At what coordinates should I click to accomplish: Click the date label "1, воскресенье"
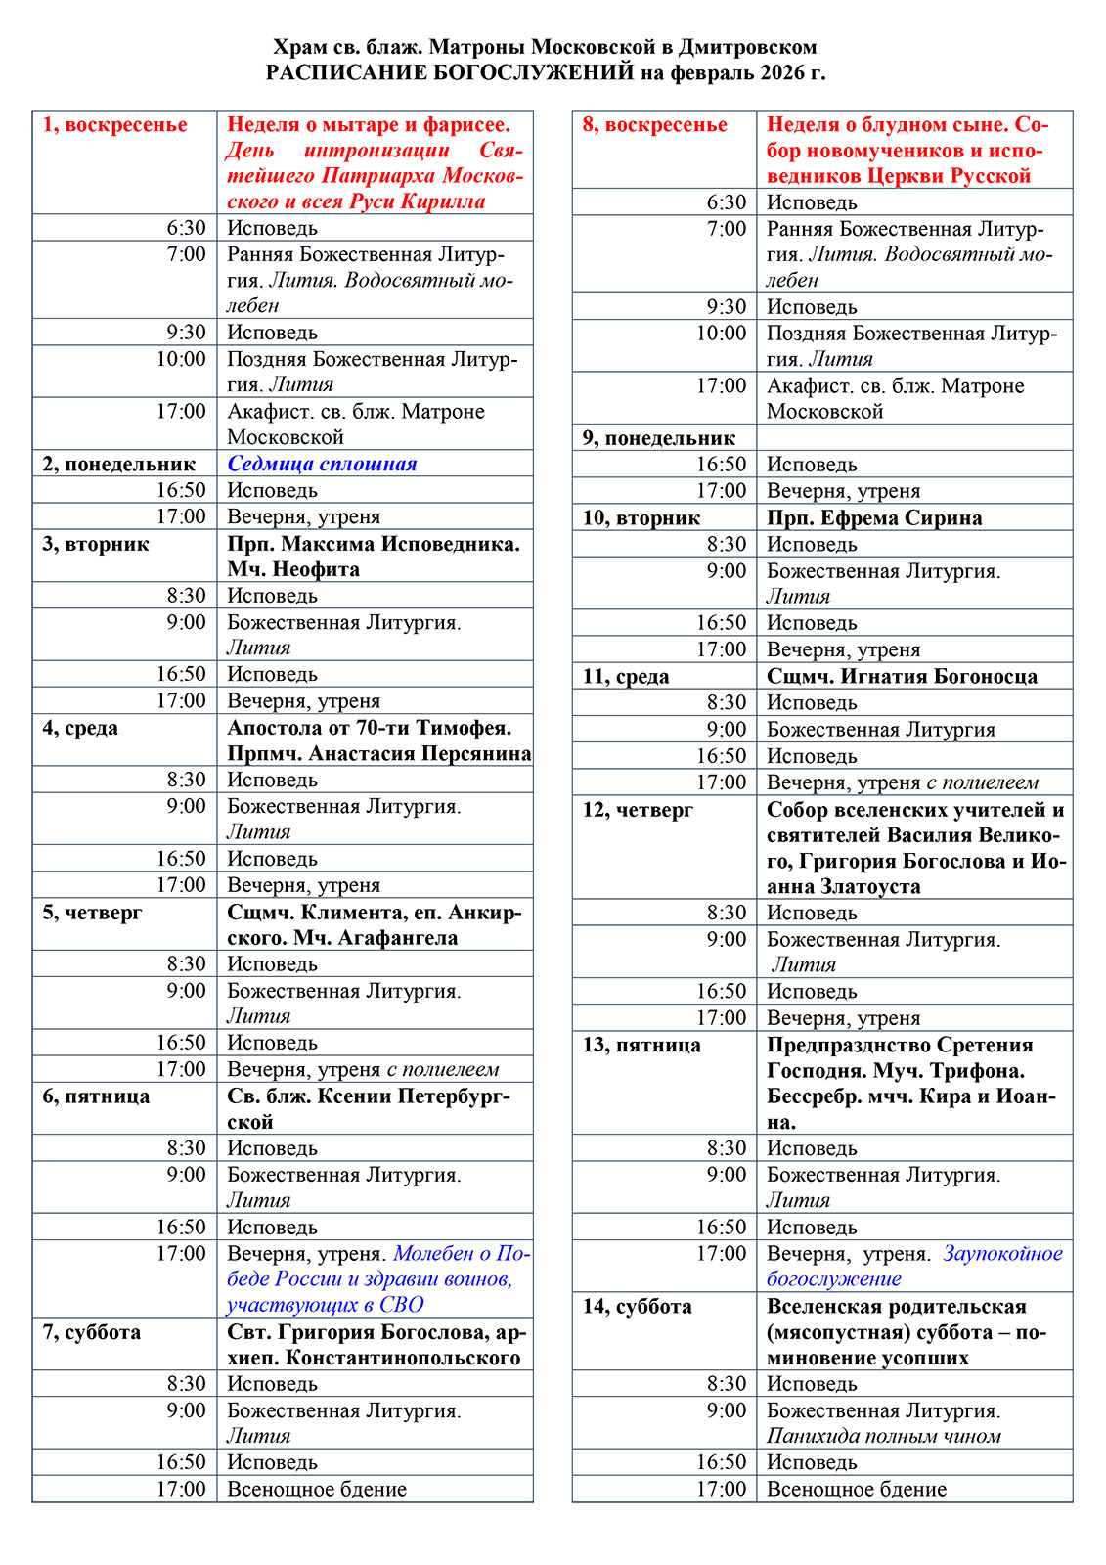click(114, 125)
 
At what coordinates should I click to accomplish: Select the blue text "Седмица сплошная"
click(322, 464)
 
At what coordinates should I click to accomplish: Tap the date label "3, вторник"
click(95, 544)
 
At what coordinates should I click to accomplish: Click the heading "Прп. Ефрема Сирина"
click(873, 517)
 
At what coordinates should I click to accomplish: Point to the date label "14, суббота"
click(637, 1307)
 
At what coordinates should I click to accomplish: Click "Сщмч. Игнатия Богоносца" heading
click(902, 676)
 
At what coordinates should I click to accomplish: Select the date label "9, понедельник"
click(658, 438)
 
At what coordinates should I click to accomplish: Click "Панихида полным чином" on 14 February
click(883, 1436)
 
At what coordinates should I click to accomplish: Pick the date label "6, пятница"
click(96, 1096)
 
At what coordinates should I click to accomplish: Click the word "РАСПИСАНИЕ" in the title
click(353, 73)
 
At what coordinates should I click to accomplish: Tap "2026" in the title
click(774, 73)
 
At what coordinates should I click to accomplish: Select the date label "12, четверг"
click(638, 810)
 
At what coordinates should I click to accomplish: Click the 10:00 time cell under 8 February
click(721, 334)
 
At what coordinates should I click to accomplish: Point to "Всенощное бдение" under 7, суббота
click(317, 1489)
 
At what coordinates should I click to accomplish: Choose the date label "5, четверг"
click(92, 913)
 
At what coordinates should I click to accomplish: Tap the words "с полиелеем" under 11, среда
click(982, 782)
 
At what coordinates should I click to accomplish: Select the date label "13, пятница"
click(641, 1046)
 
